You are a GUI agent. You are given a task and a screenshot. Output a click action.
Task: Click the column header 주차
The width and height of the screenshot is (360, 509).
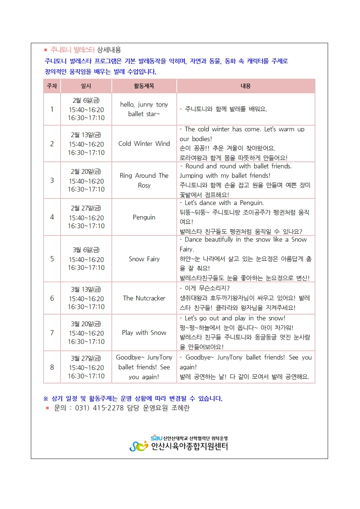pos(52,86)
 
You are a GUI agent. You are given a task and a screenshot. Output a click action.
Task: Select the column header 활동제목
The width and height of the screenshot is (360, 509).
pos(144,86)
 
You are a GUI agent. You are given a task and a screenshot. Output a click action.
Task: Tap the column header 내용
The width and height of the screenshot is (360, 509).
pos(246,86)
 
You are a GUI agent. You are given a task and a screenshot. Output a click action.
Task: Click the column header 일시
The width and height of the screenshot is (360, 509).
pos(86,86)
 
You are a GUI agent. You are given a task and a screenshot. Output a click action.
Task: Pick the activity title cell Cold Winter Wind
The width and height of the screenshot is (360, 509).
pos(144,144)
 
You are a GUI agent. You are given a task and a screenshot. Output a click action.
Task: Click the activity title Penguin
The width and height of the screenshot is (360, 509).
pos(144,217)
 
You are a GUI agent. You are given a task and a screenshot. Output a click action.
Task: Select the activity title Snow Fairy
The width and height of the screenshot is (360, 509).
pos(144,259)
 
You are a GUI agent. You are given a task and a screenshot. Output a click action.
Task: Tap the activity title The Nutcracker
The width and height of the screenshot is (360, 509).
pos(144,298)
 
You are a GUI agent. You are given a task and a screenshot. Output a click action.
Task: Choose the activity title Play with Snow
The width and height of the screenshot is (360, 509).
pos(144,333)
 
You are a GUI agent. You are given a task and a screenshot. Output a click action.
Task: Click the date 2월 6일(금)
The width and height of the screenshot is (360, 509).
pos(86,100)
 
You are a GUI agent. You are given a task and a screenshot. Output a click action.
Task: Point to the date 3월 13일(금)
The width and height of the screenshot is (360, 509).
pos(86,290)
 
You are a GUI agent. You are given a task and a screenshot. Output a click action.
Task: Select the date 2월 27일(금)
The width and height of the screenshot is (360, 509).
pos(86,208)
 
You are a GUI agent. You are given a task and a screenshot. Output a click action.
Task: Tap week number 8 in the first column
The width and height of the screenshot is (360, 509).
pos(52,367)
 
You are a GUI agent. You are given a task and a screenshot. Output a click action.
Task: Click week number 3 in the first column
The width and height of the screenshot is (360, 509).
pos(52,180)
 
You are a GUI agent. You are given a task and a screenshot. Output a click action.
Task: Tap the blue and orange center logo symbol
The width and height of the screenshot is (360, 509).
pos(139,446)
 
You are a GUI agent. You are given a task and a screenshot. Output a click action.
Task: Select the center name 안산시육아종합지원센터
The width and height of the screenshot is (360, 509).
pos(189,447)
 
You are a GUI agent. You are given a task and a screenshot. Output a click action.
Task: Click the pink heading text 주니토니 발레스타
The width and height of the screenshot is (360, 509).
pos(73,50)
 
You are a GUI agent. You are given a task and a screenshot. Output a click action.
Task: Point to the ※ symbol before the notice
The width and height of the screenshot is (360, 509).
pos(46,399)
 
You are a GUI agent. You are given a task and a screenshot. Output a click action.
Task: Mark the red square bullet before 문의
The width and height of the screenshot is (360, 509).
pos(47,408)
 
